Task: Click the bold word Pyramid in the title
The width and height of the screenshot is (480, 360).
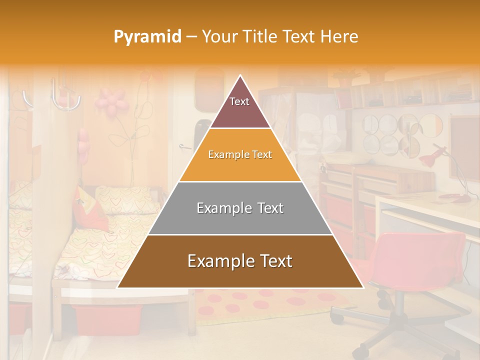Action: coord(147,37)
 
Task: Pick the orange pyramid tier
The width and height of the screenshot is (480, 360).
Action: coord(240,155)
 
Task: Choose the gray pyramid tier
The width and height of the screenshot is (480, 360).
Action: coord(240,208)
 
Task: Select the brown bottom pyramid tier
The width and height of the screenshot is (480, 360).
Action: coord(240,261)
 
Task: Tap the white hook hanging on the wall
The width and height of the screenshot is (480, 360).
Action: coord(65,97)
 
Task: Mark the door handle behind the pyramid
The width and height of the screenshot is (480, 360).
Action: coord(185,146)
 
